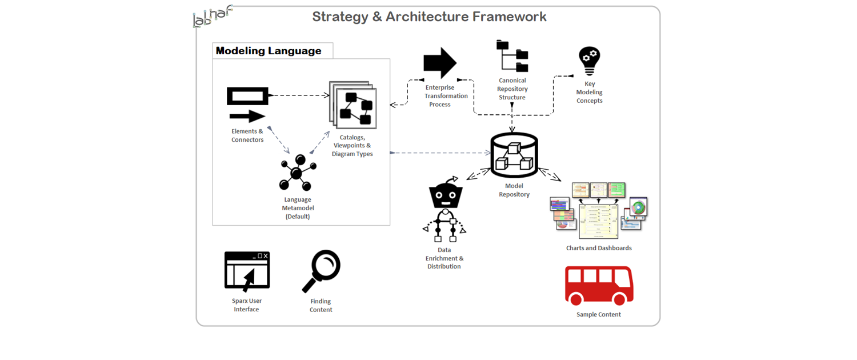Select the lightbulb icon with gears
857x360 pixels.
tap(589, 61)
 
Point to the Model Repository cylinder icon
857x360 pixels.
tap(514, 155)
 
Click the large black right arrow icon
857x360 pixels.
tap(439, 63)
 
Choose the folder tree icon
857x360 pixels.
tap(512, 57)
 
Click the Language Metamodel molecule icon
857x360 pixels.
tap(297, 173)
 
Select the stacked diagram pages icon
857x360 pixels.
tap(353, 104)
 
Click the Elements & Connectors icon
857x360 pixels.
tap(247, 105)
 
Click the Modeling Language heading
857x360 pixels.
tap(269, 51)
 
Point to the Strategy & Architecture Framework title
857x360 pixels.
tap(429, 17)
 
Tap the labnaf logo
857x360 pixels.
tap(212, 16)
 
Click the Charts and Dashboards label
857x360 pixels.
tap(599, 248)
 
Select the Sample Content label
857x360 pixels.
tap(598, 314)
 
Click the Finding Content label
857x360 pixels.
tap(321, 305)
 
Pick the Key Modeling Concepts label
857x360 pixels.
tap(589, 92)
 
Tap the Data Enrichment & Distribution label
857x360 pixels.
tap(444, 258)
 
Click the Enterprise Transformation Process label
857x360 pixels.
tap(446, 96)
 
